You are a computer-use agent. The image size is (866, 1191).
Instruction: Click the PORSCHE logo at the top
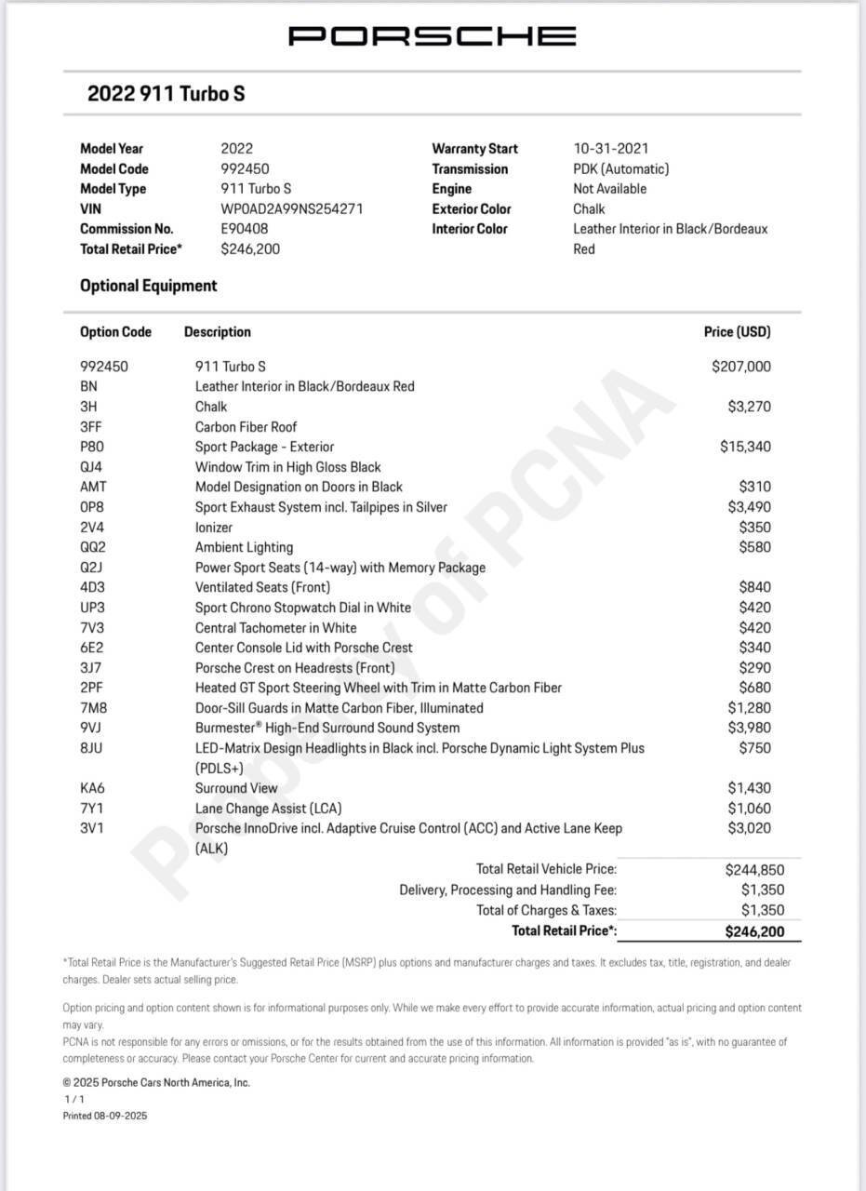coord(432,36)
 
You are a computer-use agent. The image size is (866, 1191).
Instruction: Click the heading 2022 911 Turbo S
coord(166,94)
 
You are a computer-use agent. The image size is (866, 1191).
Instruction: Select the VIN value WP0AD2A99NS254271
coord(291,208)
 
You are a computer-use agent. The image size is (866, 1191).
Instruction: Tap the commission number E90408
coord(245,229)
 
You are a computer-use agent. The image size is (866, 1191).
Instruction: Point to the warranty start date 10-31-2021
coord(611,149)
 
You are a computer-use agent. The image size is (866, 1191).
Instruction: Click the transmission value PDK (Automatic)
coord(620,169)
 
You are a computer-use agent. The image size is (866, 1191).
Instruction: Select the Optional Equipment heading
coord(149,286)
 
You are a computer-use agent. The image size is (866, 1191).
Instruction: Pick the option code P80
coord(92,447)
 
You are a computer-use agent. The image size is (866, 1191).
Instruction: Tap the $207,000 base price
coord(740,367)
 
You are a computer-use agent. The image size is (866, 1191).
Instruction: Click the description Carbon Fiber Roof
coord(246,427)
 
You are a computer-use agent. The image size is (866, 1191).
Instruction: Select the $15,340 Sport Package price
coord(745,447)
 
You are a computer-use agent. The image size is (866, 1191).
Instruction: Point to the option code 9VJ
coord(92,728)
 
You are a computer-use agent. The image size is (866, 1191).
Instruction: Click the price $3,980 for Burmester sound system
coord(749,728)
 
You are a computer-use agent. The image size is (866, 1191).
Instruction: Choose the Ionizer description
coord(213,527)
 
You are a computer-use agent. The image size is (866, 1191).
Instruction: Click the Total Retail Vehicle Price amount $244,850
coord(754,870)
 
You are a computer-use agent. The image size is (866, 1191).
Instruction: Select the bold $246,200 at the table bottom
coord(754,931)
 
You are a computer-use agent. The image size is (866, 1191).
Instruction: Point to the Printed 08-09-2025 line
coord(105,1116)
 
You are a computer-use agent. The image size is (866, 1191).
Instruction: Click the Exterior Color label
coord(471,209)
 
